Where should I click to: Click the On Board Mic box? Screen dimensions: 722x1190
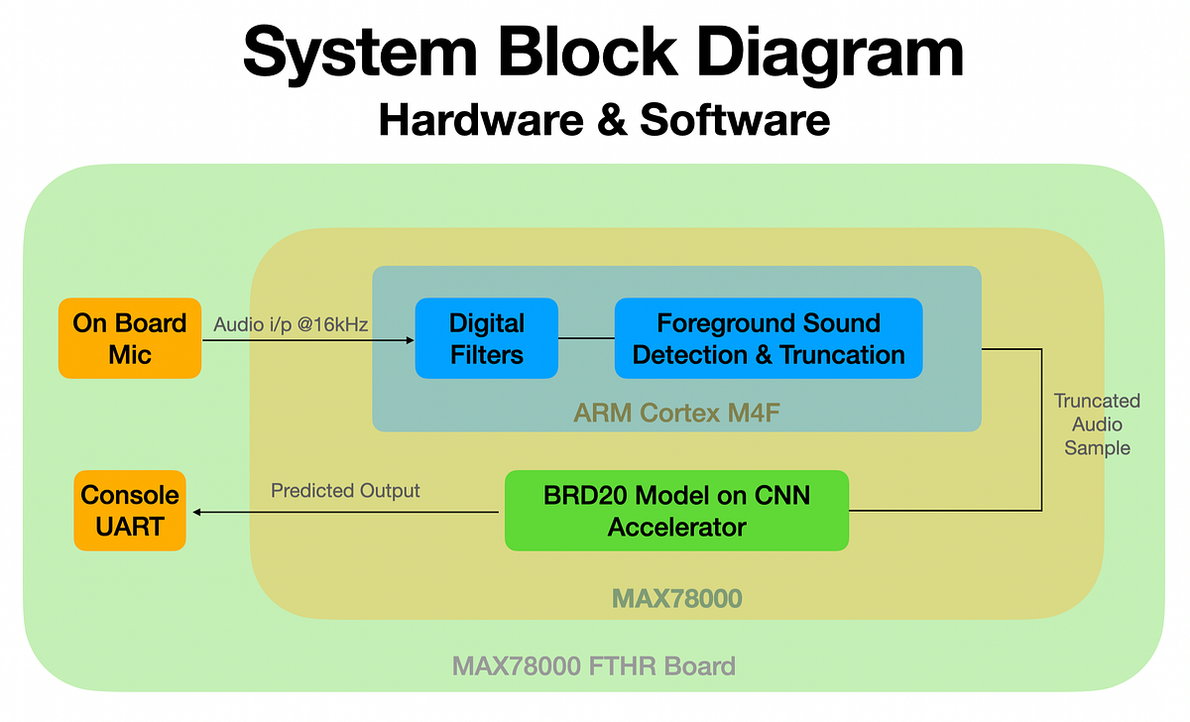pos(129,338)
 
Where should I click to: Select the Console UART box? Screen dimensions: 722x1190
pos(130,510)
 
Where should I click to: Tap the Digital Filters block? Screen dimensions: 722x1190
pos(486,338)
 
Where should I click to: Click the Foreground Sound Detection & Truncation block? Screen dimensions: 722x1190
pos(768,338)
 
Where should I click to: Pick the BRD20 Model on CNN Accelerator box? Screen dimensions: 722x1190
pos(676,510)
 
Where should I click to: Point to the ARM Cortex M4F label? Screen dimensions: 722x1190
pos(676,413)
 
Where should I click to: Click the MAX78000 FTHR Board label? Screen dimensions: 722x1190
pos(594,665)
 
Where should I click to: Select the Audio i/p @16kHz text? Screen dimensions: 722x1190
pos(292,324)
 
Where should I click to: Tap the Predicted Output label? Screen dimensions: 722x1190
pos(345,491)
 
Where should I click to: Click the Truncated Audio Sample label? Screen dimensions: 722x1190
pos(1097,424)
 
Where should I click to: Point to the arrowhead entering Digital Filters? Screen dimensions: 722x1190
pos(410,340)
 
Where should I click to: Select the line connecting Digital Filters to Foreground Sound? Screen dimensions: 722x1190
pos(586,339)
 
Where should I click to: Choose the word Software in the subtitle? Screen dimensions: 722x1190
pos(735,120)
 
